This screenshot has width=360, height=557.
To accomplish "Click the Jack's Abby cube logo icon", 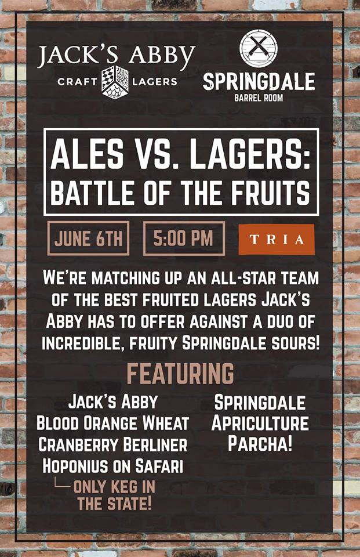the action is coord(115,82).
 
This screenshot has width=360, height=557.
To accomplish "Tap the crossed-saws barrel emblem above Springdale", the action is coord(259,48).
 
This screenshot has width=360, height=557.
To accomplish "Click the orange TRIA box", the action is coord(276,240).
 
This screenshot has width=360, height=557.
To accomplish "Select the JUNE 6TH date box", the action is coord(88,238).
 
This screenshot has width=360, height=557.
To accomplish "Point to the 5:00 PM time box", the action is coord(184,238).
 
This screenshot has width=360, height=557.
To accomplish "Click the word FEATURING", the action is coord(180,374).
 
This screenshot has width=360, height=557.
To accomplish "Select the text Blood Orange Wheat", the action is coord(112,424).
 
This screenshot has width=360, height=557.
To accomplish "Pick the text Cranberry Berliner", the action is coord(112,445).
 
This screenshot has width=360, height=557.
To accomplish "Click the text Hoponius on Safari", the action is coord(113,466).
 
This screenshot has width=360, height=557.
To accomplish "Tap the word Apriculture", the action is coord(260,424).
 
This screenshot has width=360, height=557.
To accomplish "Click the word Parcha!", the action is coord(260,444).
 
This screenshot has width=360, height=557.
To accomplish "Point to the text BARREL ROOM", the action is coord(259,97).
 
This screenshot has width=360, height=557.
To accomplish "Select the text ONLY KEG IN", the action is coord(114,487).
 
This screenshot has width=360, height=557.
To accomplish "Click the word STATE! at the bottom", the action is coord(130,504).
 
